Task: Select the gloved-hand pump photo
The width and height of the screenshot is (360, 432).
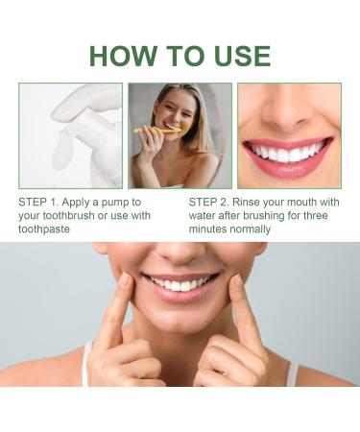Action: (x=70, y=135)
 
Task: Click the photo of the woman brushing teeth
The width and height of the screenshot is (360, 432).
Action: (x=180, y=135)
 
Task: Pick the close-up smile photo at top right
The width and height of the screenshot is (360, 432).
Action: (x=289, y=135)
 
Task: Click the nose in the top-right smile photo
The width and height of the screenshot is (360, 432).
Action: (x=288, y=106)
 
